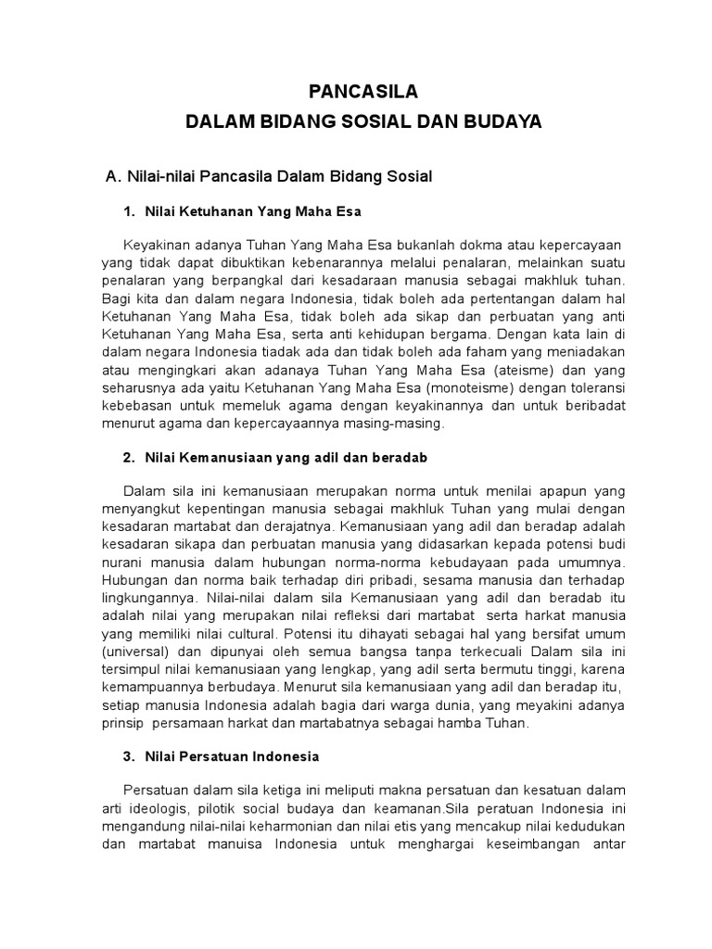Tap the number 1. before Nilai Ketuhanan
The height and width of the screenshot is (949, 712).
click(130, 212)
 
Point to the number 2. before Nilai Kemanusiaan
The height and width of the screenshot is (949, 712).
click(130, 458)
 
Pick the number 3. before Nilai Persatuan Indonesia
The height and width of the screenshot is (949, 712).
click(130, 756)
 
